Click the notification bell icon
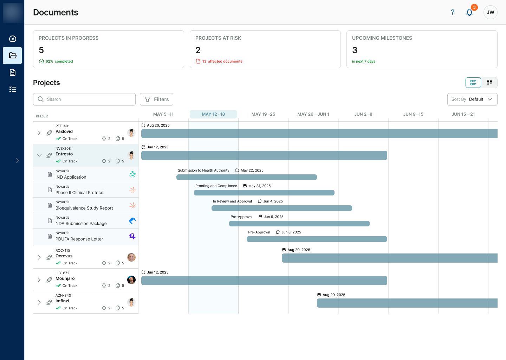click(x=469, y=12)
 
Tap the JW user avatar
click(x=490, y=12)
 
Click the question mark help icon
click(x=453, y=12)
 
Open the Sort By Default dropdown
click(x=472, y=99)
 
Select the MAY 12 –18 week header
click(x=213, y=114)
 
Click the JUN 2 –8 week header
click(x=363, y=114)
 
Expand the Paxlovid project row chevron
click(x=39, y=133)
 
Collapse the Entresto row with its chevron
click(x=39, y=155)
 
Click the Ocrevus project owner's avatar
click(x=131, y=257)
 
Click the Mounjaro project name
click(x=65, y=278)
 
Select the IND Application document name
click(x=71, y=177)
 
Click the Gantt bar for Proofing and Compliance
click(x=264, y=193)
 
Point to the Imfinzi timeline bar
click(x=407, y=303)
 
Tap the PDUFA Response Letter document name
click(x=79, y=239)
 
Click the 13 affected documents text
click(x=222, y=61)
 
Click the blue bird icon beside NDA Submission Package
click(x=132, y=221)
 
